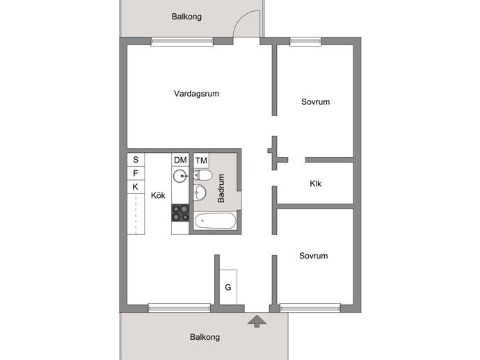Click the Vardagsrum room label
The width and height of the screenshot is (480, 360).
point(197,94)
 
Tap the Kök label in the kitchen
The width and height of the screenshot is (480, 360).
point(158,195)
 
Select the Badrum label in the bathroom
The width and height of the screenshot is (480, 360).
point(221,188)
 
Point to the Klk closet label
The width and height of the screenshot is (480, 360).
point(315,183)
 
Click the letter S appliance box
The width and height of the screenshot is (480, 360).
point(136,160)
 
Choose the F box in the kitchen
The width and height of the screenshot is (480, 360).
point(136,173)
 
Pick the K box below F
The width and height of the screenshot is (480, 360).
point(136,186)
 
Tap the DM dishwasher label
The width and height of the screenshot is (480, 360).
point(180,160)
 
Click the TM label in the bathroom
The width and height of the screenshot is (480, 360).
point(202,161)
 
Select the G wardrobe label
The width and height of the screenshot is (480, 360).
point(228,287)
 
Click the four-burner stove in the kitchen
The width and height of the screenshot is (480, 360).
point(180,213)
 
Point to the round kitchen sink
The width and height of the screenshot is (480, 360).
point(180,176)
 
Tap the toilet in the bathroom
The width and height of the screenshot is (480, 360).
point(203,175)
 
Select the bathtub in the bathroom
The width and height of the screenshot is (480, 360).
point(216,221)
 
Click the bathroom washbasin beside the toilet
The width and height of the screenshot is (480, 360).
point(200,193)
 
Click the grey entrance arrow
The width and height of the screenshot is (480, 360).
point(257,322)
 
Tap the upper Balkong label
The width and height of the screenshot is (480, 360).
point(186,17)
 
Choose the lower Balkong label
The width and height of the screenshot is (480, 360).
point(205,337)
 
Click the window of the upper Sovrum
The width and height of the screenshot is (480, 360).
point(305,41)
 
